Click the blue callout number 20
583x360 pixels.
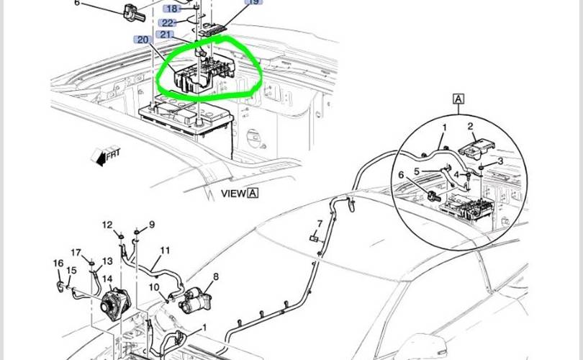[143, 40]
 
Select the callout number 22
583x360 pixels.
[167, 23]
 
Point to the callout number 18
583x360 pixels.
[172, 9]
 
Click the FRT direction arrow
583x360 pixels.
[106, 155]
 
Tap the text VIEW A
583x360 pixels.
[240, 194]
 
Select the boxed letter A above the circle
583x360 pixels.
[458, 99]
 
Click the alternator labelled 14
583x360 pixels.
[115, 302]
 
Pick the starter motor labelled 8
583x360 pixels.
[194, 300]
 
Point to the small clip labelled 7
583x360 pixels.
[314, 238]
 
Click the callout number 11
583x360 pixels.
[165, 251]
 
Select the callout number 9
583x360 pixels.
[152, 225]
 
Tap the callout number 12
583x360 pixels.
[107, 225]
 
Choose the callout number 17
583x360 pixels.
[76, 253]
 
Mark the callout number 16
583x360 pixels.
[58, 264]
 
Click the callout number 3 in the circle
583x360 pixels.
[500, 161]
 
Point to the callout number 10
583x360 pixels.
[154, 287]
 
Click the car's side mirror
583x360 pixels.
[424, 346]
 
